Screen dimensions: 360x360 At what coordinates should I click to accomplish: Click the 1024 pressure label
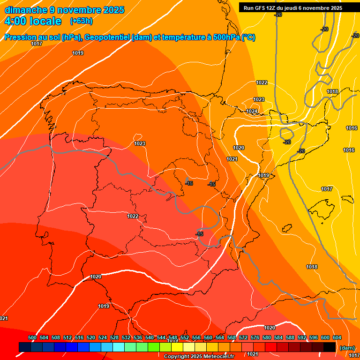pyautogui.click(x=252, y=111)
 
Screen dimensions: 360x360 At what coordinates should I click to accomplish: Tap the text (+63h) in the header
pyautogui.click(x=81, y=21)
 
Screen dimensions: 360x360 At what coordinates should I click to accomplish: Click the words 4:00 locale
pyautogui.click(x=33, y=21)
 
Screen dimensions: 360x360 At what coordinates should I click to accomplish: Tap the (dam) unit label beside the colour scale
pyautogui.click(x=347, y=348)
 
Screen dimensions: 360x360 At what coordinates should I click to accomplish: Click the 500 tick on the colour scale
pyautogui.click(x=32, y=337)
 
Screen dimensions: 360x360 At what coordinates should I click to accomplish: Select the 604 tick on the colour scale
pyautogui.click(x=337, y=337)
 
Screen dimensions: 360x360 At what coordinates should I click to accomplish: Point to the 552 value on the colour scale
pyautogui.click(x=185, y=337)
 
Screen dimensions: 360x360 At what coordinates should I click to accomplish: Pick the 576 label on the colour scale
pyautogui.click(x=255, y=337)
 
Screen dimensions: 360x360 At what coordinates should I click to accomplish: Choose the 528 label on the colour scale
pyautogui.click(x=114, y=337)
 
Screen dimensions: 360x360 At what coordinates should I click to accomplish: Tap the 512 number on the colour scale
pyautogui.click(x=67, y=337)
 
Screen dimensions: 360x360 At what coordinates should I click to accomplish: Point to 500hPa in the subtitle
pyautogui.click(x=227, y=37)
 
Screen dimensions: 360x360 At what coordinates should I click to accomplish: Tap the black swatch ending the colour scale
pyautogui.click(x=330, y=347)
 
